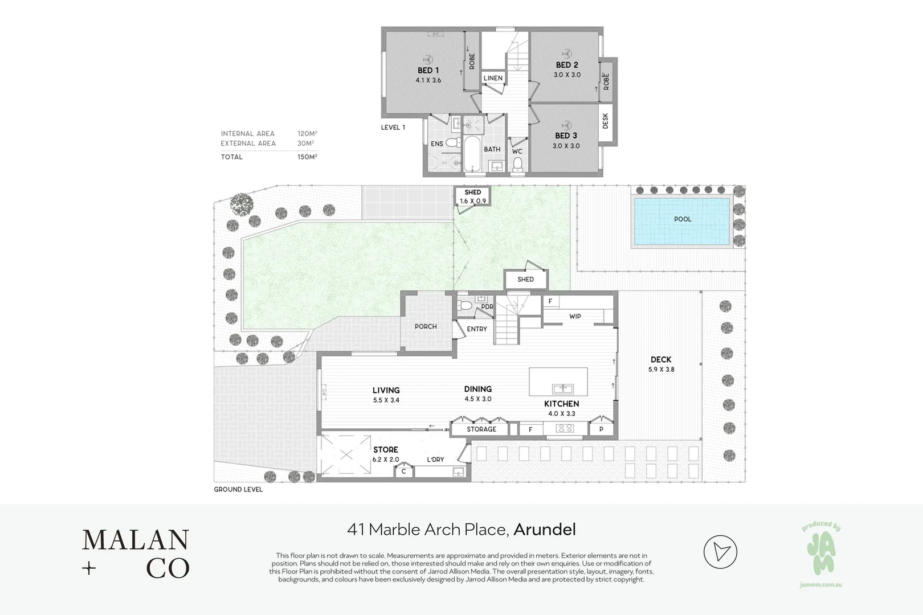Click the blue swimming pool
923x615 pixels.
tap(682, 222)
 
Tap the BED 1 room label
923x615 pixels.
tap(428, 71)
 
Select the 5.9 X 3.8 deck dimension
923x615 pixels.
tap(661, 370)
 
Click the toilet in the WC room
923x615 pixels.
tap(517, 165)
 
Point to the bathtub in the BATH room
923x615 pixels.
tap(472, 154)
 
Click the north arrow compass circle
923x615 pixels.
tap(720, 552)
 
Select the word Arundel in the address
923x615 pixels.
tap(545, 530)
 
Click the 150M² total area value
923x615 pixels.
tap(307, 157)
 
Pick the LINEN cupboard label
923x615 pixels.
tap(493, 78)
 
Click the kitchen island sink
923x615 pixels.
tap(563, 388)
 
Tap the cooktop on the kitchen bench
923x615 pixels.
tap(565, 429)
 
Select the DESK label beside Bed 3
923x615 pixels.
tap(605, 121)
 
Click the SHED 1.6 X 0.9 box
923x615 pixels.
tap(472, 196)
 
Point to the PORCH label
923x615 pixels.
tap(426, 327)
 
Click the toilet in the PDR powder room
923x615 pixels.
tap(464, 306)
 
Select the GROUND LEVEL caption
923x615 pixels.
tap(238, 489)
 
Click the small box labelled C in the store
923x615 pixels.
tap(404, 471)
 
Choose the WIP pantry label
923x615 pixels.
tap(575, 317)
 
